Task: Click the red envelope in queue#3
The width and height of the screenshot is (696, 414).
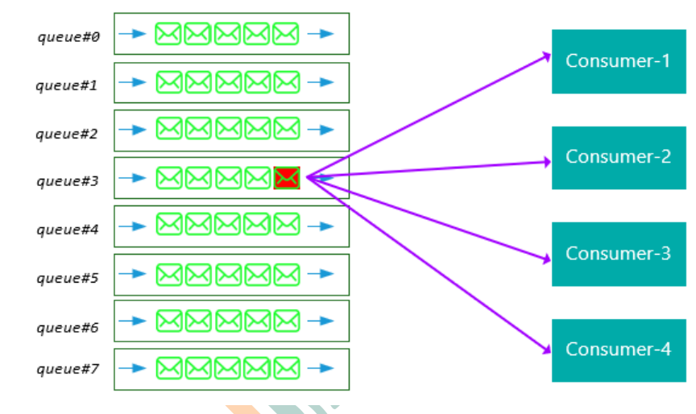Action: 287,178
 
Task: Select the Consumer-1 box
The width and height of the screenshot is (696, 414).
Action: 618,61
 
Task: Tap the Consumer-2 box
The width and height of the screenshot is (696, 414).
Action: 618,157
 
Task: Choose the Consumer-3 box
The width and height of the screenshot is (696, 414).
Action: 618,254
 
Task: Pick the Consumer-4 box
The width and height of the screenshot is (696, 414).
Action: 618,350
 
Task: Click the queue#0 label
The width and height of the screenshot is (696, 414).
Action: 68,36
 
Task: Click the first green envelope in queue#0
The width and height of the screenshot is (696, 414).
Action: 168,34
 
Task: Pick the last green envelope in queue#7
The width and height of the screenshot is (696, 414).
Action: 286,369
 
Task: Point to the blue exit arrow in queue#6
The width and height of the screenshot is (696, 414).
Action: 321,321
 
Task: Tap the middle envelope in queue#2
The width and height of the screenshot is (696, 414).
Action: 227,128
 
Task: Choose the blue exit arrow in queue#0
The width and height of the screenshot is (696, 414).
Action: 321,34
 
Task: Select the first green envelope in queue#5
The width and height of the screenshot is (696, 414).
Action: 168,274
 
